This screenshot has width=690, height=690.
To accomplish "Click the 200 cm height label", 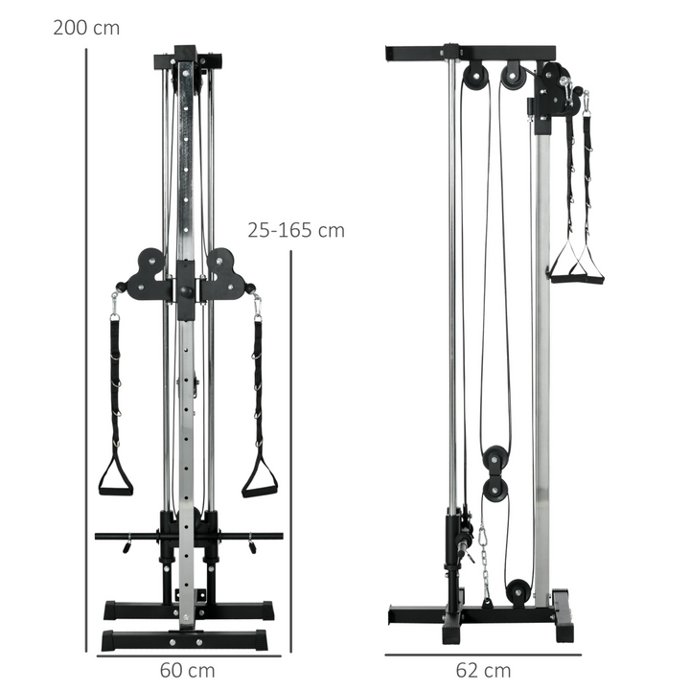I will coord(86,27).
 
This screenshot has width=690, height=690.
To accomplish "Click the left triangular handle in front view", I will coord(116,477).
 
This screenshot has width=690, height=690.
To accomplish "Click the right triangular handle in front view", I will coord(259,478).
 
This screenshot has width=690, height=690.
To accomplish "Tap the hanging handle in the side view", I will coord(575,268).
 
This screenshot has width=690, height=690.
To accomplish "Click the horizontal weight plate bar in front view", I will coord(188,536).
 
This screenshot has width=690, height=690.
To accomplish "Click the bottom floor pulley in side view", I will coord(518,590).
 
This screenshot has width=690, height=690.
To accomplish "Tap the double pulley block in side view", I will coord(496,473).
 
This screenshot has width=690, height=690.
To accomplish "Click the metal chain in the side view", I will coord(485,561).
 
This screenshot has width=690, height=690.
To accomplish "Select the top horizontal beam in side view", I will coord(470,50).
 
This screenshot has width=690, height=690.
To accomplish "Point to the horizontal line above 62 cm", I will coord(483,655).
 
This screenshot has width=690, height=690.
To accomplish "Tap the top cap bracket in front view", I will coord(188,60).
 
